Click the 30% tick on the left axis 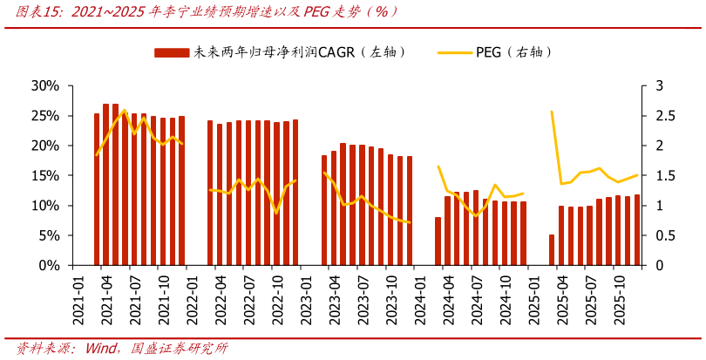[44, 85]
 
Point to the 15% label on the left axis [44, 175]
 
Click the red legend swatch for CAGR [172, 53]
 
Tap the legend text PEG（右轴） [514, 53]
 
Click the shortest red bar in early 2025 [552, 249]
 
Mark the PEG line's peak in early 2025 [552, 112]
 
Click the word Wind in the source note [101, 349]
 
